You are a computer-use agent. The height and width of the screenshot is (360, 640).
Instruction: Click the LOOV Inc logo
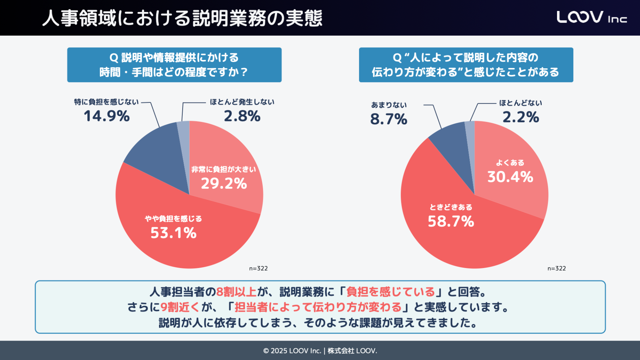pos(591,17)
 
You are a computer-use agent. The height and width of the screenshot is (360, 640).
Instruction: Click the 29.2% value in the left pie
pos(224,184)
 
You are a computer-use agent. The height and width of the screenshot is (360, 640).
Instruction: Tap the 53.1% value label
pos(173,233)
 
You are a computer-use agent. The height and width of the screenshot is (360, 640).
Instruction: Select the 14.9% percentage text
pos(106,116)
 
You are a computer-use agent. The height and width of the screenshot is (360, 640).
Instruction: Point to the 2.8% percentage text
pos(242,116)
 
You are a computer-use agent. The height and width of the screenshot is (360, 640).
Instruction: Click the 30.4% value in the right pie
pos(510,177)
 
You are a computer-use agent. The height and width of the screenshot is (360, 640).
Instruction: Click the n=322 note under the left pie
pos(258,268)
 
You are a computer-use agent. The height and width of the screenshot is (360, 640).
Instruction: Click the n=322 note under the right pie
pos(556,268)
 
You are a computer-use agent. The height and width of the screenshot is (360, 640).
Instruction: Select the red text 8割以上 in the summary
pos(236,292)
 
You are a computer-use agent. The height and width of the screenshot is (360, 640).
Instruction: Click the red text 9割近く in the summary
pos(180,307)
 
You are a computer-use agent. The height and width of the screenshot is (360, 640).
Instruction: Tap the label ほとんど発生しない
pos(242,102)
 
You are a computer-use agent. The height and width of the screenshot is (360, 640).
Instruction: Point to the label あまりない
pos(389,105)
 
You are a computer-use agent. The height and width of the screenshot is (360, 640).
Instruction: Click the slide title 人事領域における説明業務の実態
pos(182,18)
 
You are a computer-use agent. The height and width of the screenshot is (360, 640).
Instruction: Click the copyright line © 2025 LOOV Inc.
pos(320,351)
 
